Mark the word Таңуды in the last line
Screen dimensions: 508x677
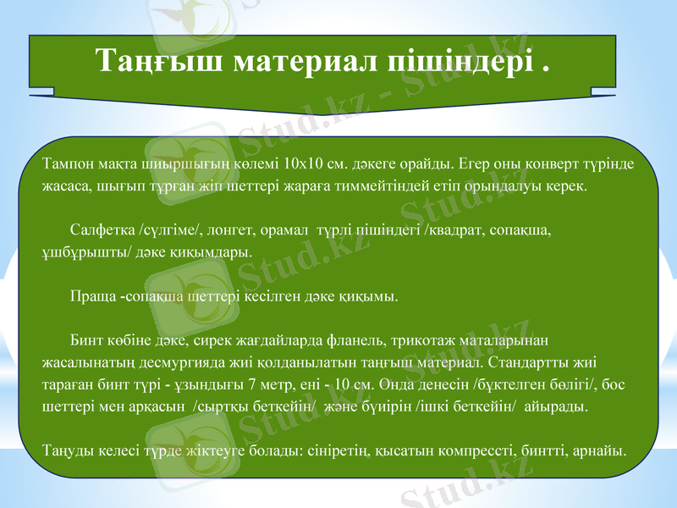pyautogui.click(x=67, y=450)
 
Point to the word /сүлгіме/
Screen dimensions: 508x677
pyautogui.click(x=170, y=230)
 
